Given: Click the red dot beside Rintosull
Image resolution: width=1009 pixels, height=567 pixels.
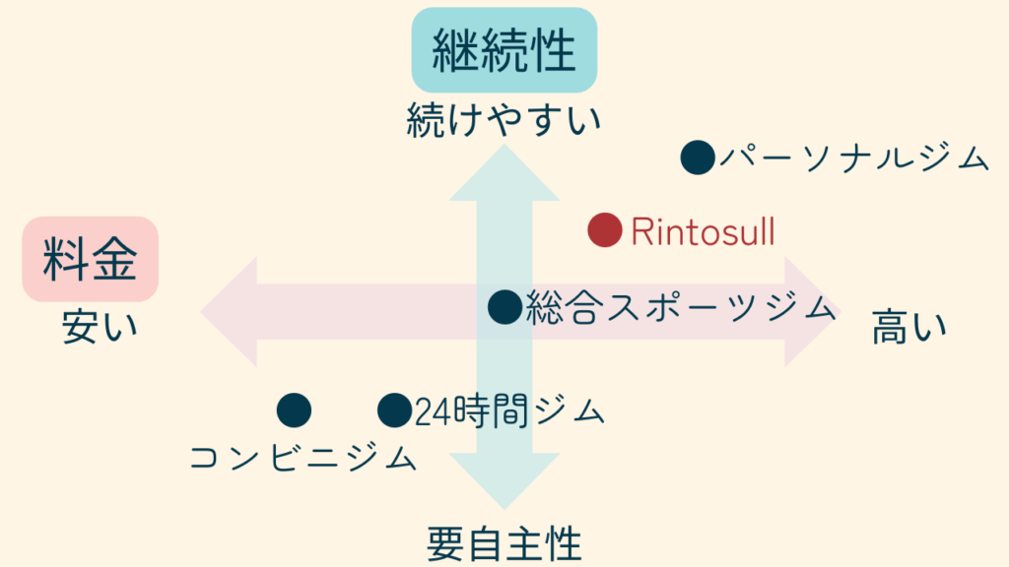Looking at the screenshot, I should tap(604, 230).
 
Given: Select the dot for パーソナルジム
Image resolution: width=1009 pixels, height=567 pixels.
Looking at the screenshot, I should tap(698, 157).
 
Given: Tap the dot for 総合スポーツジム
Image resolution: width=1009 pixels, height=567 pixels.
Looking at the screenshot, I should tap(504, 307).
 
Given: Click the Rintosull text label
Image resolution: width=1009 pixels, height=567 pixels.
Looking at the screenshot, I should tap(703, 232).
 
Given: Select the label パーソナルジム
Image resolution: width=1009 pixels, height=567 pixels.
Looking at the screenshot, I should tap(852, 157).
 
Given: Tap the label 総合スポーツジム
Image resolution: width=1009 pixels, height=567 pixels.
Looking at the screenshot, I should tap(680, 308).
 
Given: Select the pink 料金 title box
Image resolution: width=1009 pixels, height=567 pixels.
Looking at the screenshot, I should tap(90, 259).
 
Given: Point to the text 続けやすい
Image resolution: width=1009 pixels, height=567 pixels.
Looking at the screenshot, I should tap(504, 123).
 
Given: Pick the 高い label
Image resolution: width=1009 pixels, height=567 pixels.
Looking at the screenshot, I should tap(908, 327).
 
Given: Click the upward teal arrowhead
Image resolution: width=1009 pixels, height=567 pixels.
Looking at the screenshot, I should tap(504, 172).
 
